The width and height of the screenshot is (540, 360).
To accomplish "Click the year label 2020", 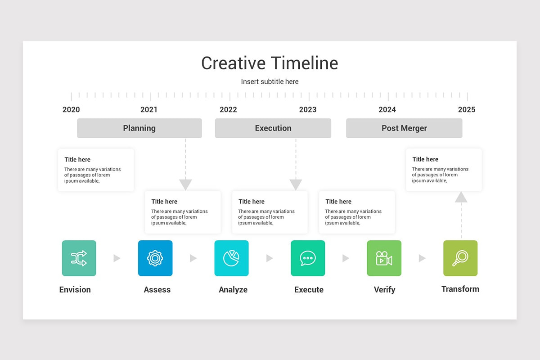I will pos(71,109).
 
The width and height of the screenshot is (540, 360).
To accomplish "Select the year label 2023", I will pos(308,109).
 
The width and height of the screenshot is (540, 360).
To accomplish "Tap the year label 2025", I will pos(467,109).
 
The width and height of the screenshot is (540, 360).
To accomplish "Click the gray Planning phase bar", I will pos(139,128).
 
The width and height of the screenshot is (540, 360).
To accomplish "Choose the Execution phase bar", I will pos(273,128).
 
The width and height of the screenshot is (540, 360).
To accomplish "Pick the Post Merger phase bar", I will pos(404,128).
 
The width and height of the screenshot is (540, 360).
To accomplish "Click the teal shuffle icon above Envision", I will pos(79,258).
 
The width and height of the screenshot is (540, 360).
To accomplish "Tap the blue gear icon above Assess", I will pos(155,258).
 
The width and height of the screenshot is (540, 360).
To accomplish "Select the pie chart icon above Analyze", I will pos(231,258).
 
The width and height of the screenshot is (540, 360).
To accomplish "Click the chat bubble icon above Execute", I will pos(308,258).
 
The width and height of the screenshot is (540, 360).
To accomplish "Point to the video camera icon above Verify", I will pos(384,258).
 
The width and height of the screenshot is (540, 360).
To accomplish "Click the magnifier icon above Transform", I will pos(460,258).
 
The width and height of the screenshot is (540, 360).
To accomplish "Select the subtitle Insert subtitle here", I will pos(270,81).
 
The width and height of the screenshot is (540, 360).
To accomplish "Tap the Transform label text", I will pos(460,289).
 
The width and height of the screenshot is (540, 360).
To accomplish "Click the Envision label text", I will pos(75,289).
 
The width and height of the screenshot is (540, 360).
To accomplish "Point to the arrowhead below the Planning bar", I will pos(185,184).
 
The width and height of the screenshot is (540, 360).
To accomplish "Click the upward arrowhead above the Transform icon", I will pos(461,197).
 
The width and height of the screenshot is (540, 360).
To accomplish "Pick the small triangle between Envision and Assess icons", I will pos(117,258).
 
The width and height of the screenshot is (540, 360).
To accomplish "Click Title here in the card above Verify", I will pos(338,202).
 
